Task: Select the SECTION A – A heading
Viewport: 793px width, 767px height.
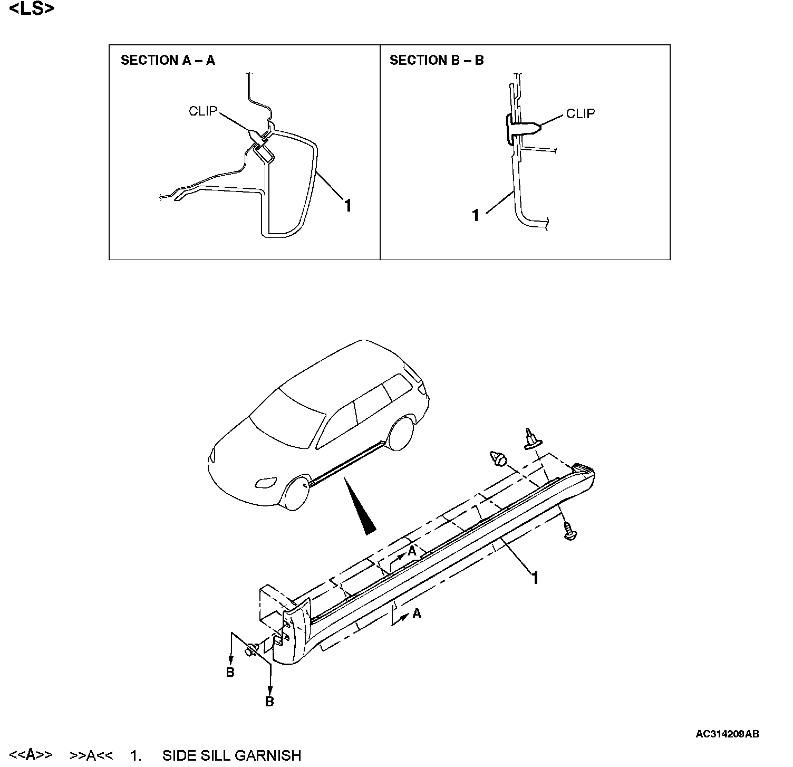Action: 168,60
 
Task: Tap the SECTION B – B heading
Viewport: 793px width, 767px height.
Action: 436,60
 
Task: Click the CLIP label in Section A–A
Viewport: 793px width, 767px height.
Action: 202,111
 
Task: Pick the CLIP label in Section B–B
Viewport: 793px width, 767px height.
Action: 580,113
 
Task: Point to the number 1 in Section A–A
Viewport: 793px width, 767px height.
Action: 347,205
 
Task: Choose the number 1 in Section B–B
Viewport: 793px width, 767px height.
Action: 476,215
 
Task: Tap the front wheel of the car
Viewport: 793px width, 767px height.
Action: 296,493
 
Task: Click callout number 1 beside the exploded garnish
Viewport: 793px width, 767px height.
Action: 535,579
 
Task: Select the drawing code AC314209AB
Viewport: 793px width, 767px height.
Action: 727,734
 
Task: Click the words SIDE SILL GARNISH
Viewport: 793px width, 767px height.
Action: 231,755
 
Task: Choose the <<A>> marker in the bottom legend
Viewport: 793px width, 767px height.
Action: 31,755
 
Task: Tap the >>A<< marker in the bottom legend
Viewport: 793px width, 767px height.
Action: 91,755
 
